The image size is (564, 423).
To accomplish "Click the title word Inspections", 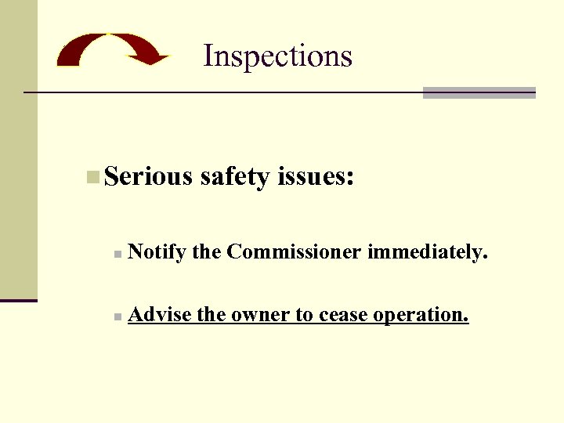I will pyautogui.click(x=277, y=56).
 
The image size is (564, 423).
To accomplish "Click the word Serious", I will pyautogui.click(x=148, y=176).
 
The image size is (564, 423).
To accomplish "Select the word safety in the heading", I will pyautogui.click(x=236, y=177).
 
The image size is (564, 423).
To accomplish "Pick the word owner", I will pyautogui.click(x=259, y=315).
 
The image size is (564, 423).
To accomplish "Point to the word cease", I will pyautogui.click(x=342, y=315).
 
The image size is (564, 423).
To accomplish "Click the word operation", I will pyautogui.click(x=421, y=315).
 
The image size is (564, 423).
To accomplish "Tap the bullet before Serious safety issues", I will pyautogui.click(x=93, y=177).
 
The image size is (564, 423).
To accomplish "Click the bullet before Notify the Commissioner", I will pyautogui.click(x=115, y=255).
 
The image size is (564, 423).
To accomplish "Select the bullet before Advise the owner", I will pyautogui.click(x=115, y=317).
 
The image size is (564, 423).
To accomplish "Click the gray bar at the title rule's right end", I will pyautogui.click(x=479, y=92).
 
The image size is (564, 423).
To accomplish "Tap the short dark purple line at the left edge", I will pyautogui.click(x=19, y=300).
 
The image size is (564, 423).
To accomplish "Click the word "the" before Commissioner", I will pyautogui.click(x=207, y=251).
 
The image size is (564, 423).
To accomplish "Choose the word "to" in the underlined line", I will pyautogui.click(x=303, y=315).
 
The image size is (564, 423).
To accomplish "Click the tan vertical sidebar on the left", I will pyautogui.click(x=18, y=149).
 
